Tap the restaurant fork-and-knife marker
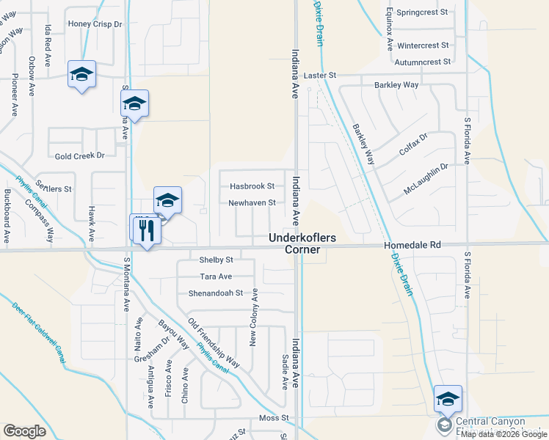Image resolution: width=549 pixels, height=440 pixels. (145, 230)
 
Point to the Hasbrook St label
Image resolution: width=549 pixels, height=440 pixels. (252, 186)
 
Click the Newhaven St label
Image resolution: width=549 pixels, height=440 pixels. (252, 202)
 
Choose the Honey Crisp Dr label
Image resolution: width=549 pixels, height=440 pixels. (95, 24)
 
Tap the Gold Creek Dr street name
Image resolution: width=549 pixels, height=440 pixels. (80, 155)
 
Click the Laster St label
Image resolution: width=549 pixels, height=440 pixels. (319, 76)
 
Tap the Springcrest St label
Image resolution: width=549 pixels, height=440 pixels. (422, 12)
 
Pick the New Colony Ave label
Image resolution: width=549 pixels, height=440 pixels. (254, 318)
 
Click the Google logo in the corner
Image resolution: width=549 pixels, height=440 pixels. (24, 431)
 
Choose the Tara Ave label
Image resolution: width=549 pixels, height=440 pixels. (216, 276)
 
